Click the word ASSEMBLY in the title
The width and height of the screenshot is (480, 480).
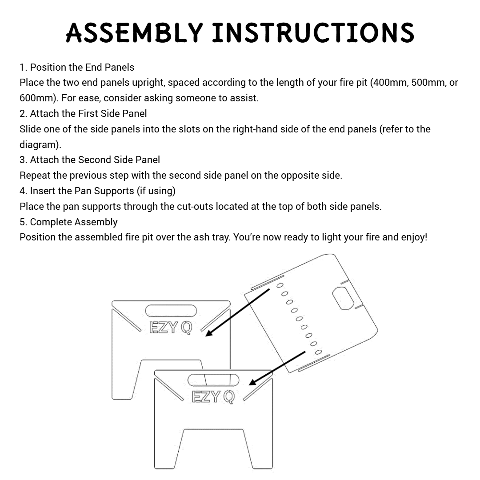coord(134,32)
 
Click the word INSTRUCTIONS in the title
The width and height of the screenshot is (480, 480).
coord(313,32)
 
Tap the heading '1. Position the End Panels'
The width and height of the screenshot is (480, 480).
coord(77,68)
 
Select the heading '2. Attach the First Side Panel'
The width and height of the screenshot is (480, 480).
coord(83,114)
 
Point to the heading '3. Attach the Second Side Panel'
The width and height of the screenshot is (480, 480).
coord(90,160)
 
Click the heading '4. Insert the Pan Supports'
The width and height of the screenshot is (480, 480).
coord(77,191)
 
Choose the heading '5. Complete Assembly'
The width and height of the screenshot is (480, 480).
coord(68,222)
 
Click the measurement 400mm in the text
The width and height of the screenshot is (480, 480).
coord(390,83)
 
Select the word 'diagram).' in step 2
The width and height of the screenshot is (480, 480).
coord(40,145)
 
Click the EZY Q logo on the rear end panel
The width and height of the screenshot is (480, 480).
coord(171,328)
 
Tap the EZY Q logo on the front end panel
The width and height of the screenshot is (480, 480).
coord(213,397)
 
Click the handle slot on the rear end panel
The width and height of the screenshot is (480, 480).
coord(171,310)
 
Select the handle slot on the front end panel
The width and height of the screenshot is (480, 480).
coord(213,380)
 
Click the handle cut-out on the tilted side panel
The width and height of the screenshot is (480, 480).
coord(343,298)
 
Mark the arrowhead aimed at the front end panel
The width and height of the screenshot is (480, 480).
coord(253,382)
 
